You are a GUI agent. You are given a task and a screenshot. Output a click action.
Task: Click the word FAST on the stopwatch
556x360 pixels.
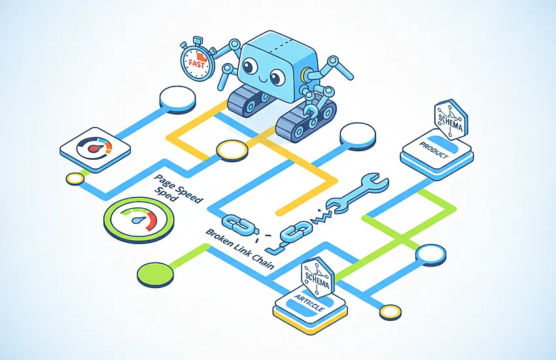click(x=197, y=64)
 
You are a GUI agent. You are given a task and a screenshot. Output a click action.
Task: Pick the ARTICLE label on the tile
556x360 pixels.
click(x=309, y=302)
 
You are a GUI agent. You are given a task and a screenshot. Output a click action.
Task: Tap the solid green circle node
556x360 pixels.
click(x=155, y=274)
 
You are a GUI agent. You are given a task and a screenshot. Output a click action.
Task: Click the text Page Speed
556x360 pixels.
click(x=179, y=189)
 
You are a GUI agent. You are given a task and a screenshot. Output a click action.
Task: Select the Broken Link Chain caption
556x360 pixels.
click(x=240, y=249)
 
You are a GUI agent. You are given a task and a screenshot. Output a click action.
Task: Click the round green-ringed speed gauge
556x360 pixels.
click(x=139, y=220)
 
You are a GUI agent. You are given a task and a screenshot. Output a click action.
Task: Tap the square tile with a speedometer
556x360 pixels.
click(x=95, y=149)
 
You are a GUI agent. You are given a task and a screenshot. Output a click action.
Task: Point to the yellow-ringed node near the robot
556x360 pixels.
click(x=232, y=151)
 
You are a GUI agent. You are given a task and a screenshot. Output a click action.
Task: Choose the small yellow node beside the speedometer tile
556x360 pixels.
click(x=75, y=178)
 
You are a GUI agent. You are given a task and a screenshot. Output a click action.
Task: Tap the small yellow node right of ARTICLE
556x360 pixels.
click(x=391, y=312)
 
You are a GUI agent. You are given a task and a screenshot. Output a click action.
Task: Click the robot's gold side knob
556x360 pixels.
click(x=304, y=75)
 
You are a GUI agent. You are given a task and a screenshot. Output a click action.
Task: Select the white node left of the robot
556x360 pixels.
click(x=177, y=99)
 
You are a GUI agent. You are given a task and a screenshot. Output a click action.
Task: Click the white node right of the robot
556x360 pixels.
click(x=357, y=136)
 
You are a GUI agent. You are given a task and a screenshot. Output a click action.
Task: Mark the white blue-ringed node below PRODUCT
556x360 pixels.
click(x=430, y=255)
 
